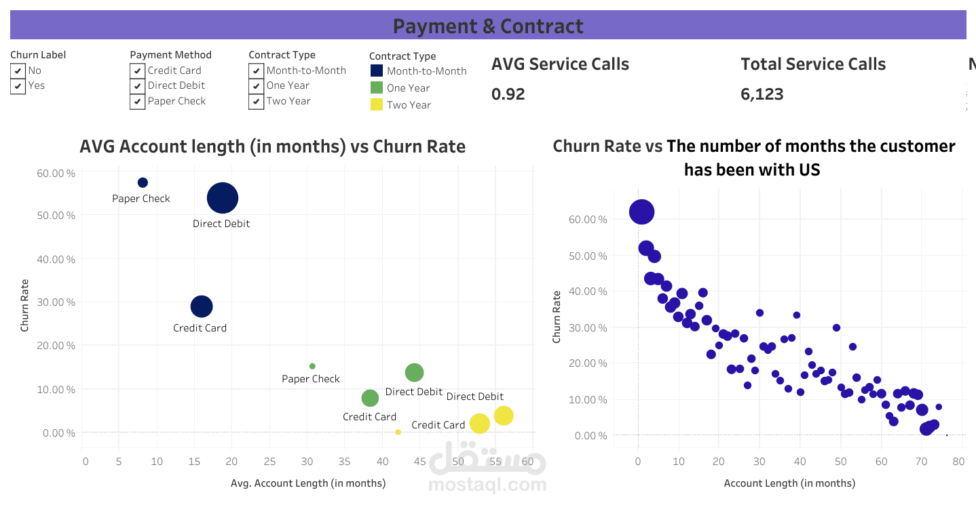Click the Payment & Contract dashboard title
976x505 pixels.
pyautogui.click(x=488, y=26)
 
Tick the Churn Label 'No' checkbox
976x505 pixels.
pyautogui.click(x=18, y=70)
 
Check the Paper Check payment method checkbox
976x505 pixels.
pyautogui.click(x=137, y=101)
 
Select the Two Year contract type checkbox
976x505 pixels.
pyautogui.click(x=256, y=101)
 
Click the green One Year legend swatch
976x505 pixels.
pyautogui.click(x=377, y=87)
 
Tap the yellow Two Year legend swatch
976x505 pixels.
pyautogui.click(x=377, y=104)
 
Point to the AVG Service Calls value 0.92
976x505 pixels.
pyautogui.click(x=508, y=94)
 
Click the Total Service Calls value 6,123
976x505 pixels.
pyautogui.click(x=762, y=94)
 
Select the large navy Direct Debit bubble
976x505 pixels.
pyautogui.click(x=223, y=198)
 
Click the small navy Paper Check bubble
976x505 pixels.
pyautogui.click(x=143, y=182)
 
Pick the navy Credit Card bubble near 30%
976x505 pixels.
pyautogui.click(x=201, y=306)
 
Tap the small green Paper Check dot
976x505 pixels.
pyautogui.click(x=312, y=366)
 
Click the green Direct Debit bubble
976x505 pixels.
pyautogui.click(x=414, y=372)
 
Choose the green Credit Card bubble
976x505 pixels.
pyautogui.click(x=370, y=398)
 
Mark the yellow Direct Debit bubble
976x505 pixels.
pyautogui.click(x=503, y=416)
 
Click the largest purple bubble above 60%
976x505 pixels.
pyautogui.click(x=641, y=212)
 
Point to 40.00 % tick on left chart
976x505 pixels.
pyautogui.click(x=56, y=259)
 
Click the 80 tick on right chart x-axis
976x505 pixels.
pyautogui.click(x=958, y=462)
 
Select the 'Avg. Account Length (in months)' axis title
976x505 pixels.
pyautogui.click(x=308, y=483)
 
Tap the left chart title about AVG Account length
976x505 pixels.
pyautogui.click(x=272, y=146)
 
